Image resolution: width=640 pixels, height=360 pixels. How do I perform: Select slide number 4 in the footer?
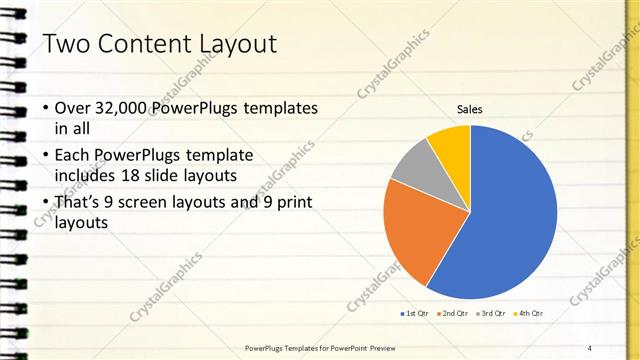(589, 348)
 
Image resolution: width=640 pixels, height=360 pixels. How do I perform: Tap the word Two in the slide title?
(64, 44)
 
